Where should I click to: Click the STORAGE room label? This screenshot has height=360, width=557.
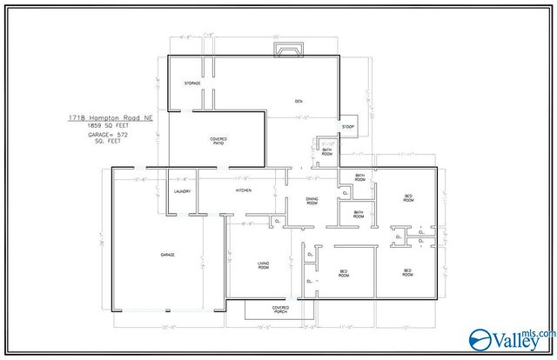coord(192,83)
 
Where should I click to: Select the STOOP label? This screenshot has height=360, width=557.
coord(348,127)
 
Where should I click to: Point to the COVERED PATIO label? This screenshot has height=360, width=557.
coord(218,142)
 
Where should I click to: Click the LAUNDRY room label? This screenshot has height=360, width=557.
coord(183,191)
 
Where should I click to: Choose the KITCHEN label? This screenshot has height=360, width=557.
coord(245,191)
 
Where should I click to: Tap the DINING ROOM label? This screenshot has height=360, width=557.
coord(312,202)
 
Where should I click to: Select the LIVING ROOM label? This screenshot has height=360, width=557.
coord(264,265)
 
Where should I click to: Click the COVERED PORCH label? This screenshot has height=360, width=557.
coord(280,309)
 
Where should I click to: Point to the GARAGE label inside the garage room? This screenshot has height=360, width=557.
coord(167,255)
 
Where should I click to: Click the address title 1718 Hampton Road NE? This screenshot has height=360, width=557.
coord(110,117)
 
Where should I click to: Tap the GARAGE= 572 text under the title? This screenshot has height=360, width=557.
coord(110,136)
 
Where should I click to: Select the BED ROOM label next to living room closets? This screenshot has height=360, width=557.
coord(344,275)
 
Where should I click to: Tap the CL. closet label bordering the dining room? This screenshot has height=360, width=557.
coord(346,193)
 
